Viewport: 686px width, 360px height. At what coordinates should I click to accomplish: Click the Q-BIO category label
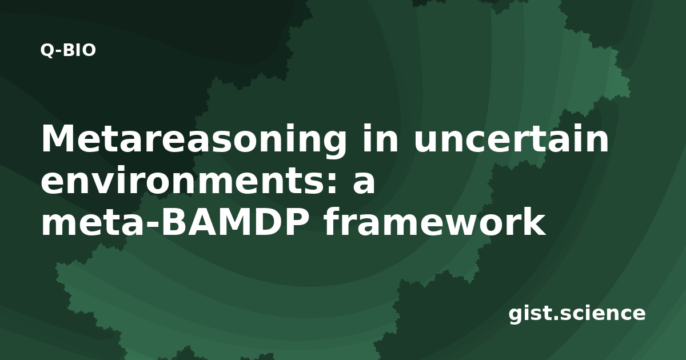[x=68, y=50]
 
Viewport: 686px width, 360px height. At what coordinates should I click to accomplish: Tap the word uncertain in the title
[x=511, y=139]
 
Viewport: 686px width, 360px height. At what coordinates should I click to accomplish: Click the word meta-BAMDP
[x=175, y=222]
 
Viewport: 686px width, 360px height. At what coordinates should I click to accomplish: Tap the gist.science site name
[x=577, y=314]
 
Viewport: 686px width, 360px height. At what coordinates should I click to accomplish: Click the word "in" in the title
[x=380, y=138]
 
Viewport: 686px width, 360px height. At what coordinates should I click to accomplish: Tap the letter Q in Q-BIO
[x=47, y=50]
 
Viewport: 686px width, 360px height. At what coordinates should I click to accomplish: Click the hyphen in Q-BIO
[x=59, y=51]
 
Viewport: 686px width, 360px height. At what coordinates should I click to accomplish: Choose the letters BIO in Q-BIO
[x=80, y=50]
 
